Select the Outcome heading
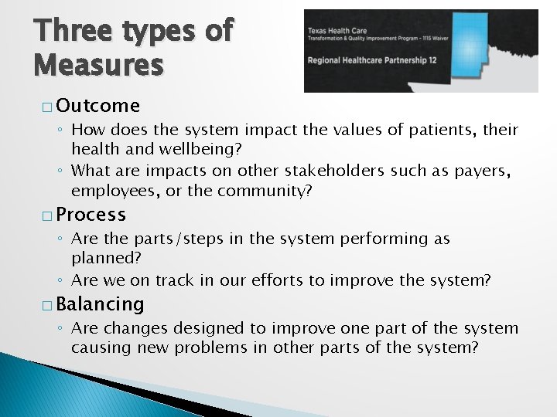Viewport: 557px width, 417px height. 97,105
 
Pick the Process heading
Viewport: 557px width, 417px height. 91,214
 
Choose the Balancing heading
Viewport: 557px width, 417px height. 100,304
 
